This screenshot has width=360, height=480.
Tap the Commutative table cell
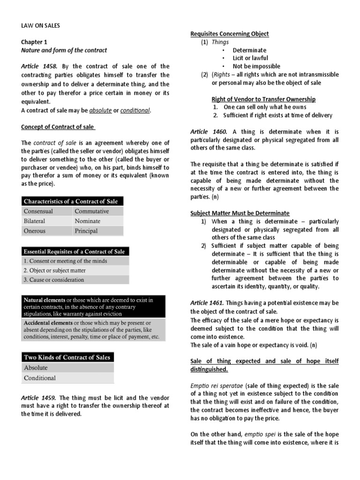[x=91, y=211]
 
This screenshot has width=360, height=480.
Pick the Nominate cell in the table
[x=87, y=221]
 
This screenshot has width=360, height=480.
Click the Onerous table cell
[x=35, y=231]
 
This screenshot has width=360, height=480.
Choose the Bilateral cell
[x=35, y=221]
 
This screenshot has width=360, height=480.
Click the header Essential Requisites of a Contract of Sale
[x=74, y=251]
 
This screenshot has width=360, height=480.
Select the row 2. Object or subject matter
[x=54, y=270]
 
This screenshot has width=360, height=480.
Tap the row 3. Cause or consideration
[x=53, y=280]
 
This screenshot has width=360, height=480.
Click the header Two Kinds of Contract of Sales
[x=67, y=357]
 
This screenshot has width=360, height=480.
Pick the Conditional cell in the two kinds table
[x=40, y=378]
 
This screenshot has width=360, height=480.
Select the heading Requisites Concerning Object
[x=229, y=34]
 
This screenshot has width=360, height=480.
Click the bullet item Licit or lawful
[x=250, y=58]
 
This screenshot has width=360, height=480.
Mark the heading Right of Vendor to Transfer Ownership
[x=263, y=99]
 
